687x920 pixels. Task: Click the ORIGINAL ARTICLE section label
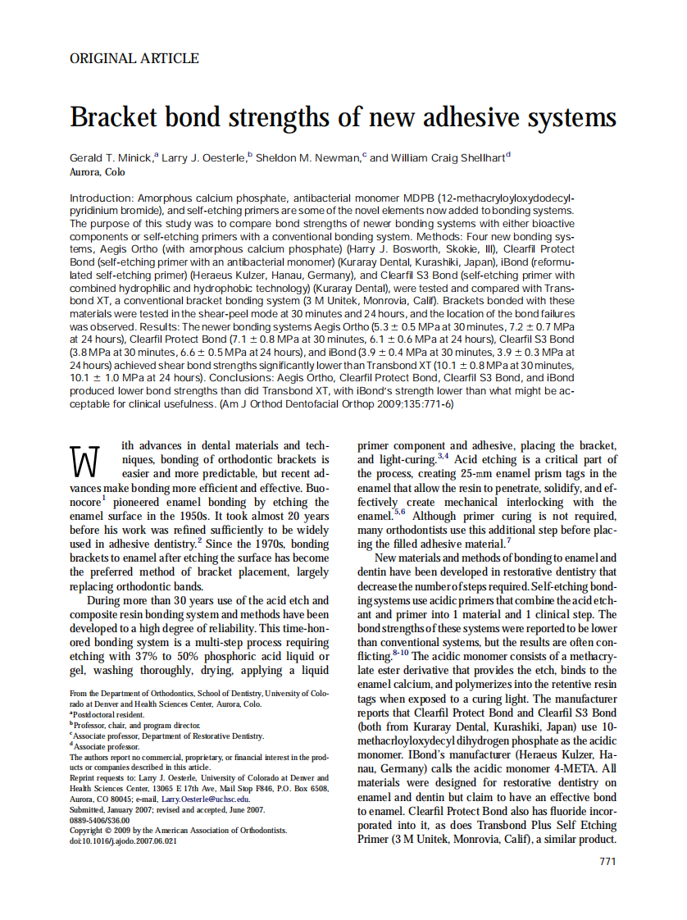(134, 58)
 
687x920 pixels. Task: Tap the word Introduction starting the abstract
(101, 198)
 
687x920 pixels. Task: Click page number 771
(607, 861)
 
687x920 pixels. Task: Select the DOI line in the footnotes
(123, 840)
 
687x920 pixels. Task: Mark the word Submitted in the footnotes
(90, 809)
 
